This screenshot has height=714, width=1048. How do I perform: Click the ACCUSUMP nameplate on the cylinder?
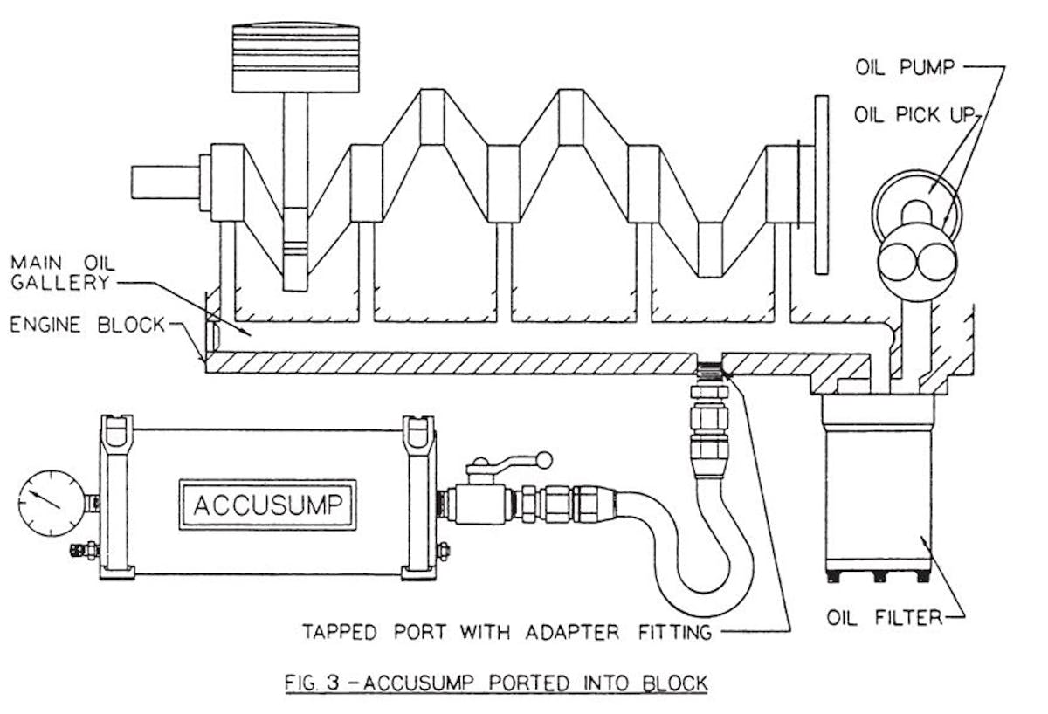point(270,505)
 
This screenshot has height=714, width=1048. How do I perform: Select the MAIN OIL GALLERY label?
point(60,271)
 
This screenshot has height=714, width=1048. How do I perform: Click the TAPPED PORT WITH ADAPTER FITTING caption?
point(507,630)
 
